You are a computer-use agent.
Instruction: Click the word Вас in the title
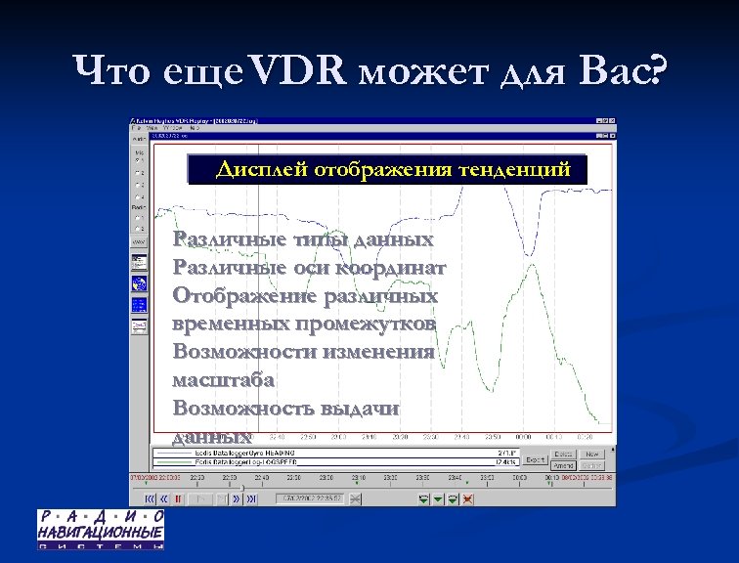(x=620, y=70)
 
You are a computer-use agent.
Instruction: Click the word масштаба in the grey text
(x=223, y=379)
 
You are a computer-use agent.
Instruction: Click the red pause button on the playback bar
(x=178, y=498)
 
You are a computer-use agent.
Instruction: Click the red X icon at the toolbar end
(x=468, y=498)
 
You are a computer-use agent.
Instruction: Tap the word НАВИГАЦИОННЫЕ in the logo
(x=101, y=532)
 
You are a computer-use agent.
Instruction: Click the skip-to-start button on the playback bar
(x=150, y=498)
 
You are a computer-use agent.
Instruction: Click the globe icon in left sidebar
(x=139, y=284)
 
